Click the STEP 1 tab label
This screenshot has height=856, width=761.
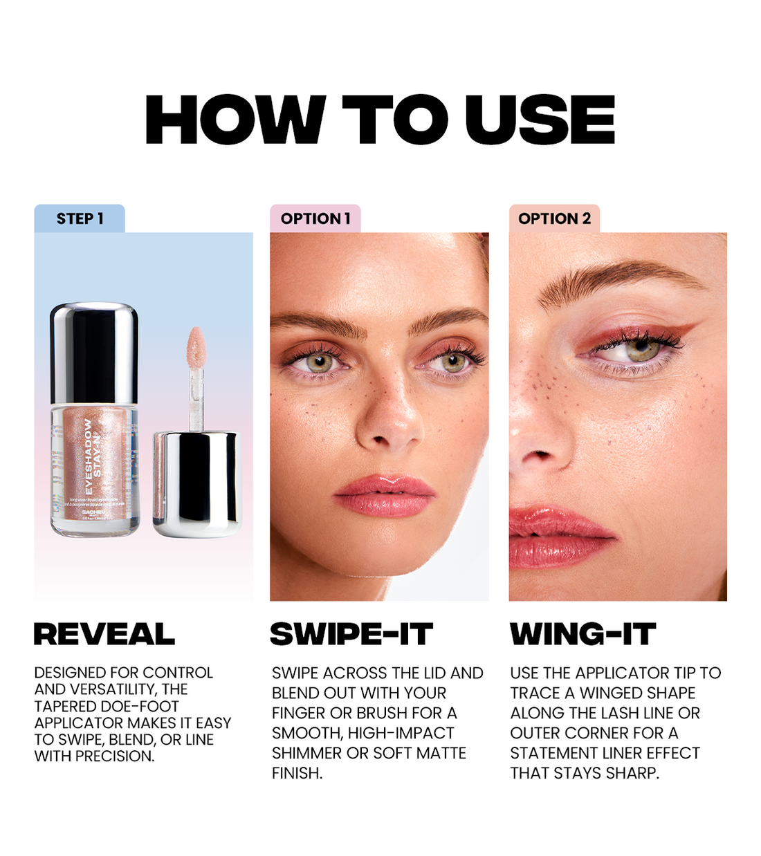pos(80,218)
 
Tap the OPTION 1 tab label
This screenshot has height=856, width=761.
pos(315,218)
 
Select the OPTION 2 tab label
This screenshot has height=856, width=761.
pos(554,218)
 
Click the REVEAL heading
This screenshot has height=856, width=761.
pos(104,634)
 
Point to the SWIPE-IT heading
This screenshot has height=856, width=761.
pos(351,634)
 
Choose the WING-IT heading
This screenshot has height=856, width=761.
pos(583,634)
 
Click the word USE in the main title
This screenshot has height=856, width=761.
pos(540,120)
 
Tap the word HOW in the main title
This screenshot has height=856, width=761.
pos(235,120)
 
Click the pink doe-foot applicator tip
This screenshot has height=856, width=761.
pos(196,346)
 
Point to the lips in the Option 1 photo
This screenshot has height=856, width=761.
pos(385,495)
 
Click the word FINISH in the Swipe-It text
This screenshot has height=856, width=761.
pos(297,773)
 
